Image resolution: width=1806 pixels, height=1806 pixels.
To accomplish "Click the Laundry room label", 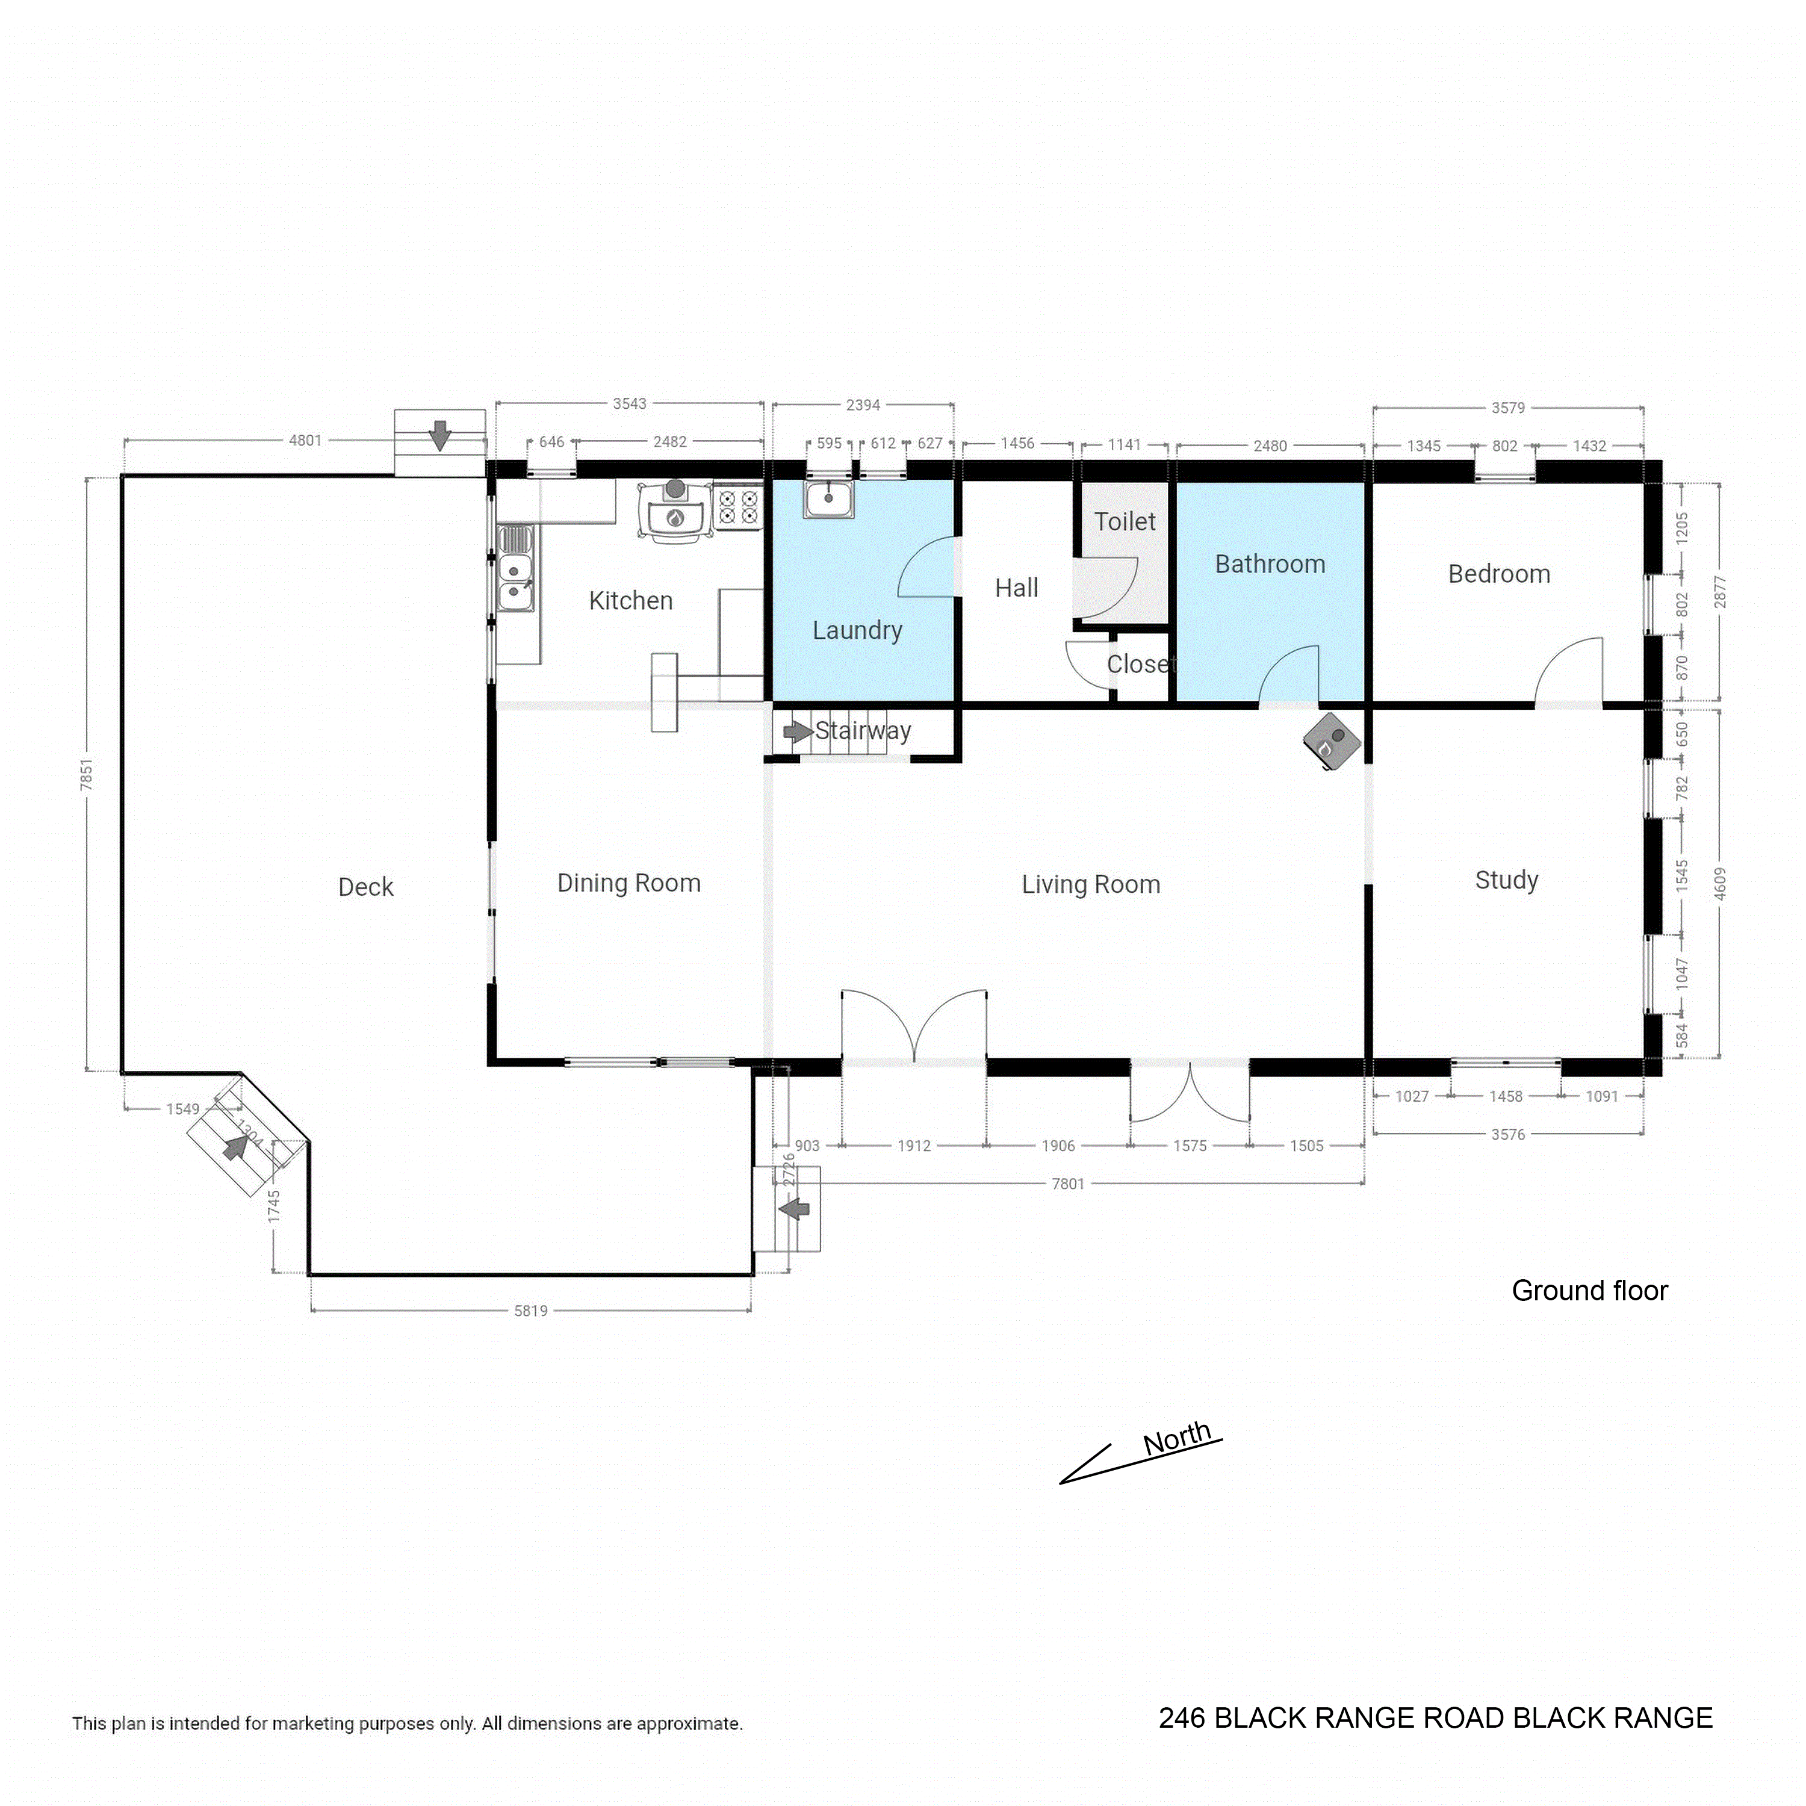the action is coord(857,631).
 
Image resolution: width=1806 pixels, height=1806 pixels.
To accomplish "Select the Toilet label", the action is coord(1125,521).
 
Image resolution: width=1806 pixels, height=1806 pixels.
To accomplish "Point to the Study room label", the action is coord(1506,881).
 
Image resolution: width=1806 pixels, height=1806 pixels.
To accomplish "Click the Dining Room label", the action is coord(628,883).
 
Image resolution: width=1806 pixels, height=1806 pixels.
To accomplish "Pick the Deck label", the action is coord(365,887).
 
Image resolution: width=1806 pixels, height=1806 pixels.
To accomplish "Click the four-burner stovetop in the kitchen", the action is coord(737,507).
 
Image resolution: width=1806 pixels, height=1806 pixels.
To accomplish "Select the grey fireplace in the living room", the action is coord(1331,741).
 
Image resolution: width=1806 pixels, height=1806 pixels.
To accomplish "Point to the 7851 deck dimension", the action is coord(87,774).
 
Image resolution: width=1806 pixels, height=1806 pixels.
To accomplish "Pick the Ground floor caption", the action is coord(1589,1291).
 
